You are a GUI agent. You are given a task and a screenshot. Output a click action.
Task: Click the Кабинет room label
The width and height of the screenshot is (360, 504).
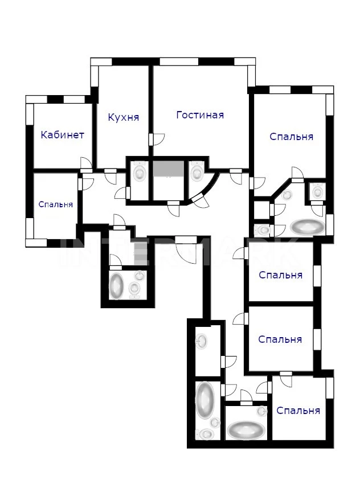tap(62, 134)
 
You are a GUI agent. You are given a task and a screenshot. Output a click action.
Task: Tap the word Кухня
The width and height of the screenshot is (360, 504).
tap(124, 117)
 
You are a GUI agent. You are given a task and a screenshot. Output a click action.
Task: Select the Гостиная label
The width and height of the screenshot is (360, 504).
tap(200, 114)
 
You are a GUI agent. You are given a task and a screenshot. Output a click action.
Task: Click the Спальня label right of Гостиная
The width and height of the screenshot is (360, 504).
tap(291, 136)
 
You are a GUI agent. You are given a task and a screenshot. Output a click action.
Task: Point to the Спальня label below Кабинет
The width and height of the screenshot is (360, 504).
tap(56, 204)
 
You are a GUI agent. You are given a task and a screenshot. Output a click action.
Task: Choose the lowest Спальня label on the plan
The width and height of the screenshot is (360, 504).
tap(298, 410)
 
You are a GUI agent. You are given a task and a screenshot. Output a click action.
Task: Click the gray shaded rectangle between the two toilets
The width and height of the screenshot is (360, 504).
tap(168, 168)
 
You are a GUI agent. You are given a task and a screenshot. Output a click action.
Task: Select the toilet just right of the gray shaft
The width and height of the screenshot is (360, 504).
tap(196, 170)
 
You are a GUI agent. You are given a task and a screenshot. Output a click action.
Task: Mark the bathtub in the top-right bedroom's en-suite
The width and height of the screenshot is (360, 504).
tap(307, 227)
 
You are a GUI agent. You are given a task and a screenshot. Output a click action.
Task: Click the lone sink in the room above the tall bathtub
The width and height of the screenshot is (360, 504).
tap(202, 341)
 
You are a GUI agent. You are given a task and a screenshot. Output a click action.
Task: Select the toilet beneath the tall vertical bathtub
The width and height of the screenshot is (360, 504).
tap(205, 434)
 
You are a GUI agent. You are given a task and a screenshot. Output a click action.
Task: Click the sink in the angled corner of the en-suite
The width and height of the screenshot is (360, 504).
tap(287, 194)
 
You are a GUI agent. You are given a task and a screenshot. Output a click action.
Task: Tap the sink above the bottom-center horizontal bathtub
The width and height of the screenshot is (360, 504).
tap(261, 411)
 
